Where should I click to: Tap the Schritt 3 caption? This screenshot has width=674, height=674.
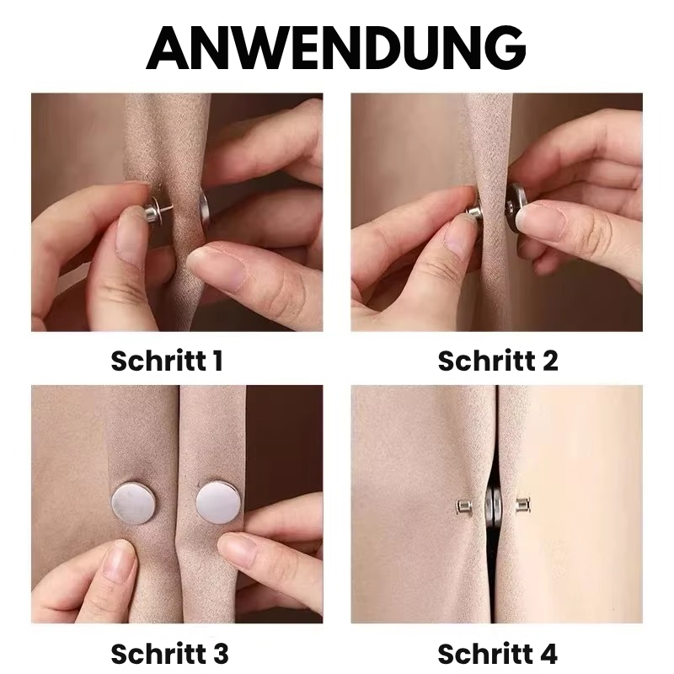168,653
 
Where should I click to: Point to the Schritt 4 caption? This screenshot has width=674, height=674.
498,653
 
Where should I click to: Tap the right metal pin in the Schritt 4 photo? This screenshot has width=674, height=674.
523,507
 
